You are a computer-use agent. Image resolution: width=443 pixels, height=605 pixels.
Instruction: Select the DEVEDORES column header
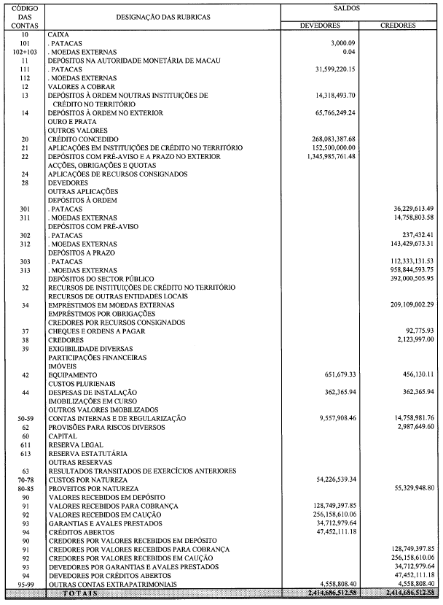click(x=321, y=25)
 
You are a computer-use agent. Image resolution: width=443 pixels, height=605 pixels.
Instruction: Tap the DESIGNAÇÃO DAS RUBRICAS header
click(x=160, y=16)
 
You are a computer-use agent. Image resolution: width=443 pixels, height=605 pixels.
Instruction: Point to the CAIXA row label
click(x=58, y=34)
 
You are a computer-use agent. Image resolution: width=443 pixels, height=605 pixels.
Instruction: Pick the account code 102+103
click(x=25, y=52)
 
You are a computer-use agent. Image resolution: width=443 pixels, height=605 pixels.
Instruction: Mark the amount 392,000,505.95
click(x=407, y=278)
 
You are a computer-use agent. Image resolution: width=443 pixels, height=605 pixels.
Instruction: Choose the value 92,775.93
click(x=417, y=331)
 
